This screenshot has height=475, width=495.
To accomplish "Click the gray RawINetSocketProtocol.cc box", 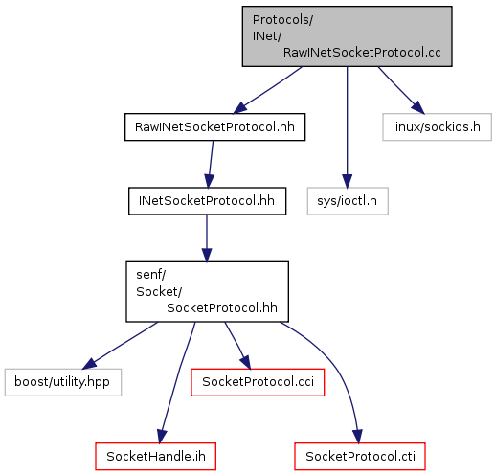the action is pos(347,36).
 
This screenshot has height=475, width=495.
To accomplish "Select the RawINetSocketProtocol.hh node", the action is pos(214,127).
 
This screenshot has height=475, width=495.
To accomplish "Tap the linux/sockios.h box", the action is pos(437,127).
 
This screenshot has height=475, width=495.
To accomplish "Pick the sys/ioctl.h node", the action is pos(348,201).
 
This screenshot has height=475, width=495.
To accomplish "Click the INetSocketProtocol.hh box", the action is pos(207,201).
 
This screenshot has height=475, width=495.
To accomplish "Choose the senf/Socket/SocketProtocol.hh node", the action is pos(207,292).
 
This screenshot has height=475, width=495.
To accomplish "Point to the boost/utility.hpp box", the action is pos(63,382).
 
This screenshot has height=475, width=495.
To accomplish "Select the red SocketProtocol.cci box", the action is pos(258,382).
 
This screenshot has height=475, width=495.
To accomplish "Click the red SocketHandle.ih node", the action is pos(155,457).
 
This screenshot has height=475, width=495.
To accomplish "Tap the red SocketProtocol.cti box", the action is pos(360,457).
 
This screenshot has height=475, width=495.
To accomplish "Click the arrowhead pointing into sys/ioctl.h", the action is pos(348,181).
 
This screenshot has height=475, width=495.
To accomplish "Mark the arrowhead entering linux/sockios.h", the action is pos(418,107).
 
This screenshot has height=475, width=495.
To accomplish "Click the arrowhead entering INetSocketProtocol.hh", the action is pos(209,181).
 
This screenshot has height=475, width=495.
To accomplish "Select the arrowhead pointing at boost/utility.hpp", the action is pos(89,364).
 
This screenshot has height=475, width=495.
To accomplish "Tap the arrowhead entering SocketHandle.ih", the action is pos(162,437).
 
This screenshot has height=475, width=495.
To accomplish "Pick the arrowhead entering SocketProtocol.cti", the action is pos(358,437).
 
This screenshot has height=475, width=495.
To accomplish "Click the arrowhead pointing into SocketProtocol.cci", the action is pos(246,363).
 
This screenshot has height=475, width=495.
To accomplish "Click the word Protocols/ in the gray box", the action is pos(282,20).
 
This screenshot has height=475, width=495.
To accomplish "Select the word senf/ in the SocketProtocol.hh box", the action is pos(151,275).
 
